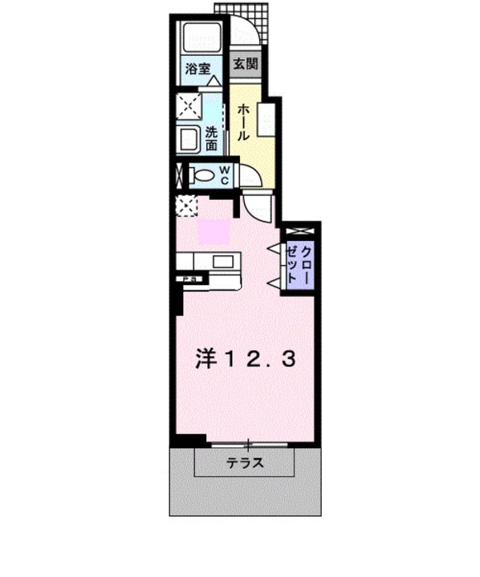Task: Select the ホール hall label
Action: pyautogui.click(x=244, y=121)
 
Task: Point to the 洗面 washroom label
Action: pyautogui.click(x=211, y=139)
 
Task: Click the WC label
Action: pyautogui.click(x=225, y=174)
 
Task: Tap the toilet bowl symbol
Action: pyautogui.click(x=202, y=174)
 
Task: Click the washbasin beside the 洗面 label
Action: pyautogui.click(x=190, y=139)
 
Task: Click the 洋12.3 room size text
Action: pyautogui.click(x=245, y=359)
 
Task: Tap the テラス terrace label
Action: pyautogui.click(x=245, y=463)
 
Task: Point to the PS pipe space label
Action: pyautogui.click(x=191, y=278)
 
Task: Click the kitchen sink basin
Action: pyautogui.click(x=222, y=262)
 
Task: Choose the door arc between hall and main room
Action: pyautogui.click(x=258, y=209)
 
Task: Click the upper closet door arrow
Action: pyautogui.click(x=274, y=247)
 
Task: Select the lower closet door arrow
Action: pyautogui.click(x=274, y=279)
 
